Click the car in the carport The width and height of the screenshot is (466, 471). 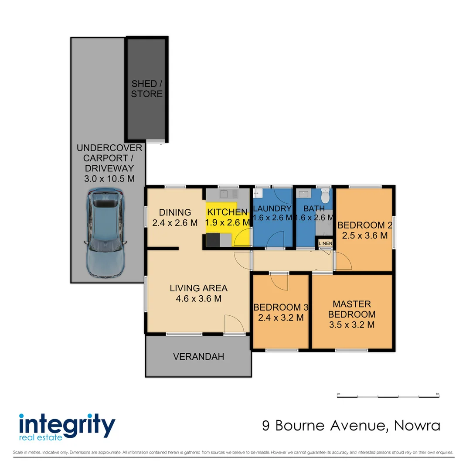106,234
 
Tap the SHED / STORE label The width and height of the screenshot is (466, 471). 147,89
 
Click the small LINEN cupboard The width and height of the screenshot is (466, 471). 326,243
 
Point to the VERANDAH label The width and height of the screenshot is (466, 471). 198,357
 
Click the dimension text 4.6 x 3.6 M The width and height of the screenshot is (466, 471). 198,299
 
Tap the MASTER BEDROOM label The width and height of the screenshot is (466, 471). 352,309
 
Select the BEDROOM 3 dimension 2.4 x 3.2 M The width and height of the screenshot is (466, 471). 281,317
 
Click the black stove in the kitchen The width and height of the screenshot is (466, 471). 213,240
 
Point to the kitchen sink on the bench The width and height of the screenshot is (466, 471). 227,192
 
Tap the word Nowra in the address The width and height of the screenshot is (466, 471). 417,425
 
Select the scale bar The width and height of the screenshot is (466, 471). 388,396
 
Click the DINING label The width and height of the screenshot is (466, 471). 174,212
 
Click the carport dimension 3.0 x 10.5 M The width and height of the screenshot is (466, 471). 109,178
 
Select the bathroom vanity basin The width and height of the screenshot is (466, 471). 303,193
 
